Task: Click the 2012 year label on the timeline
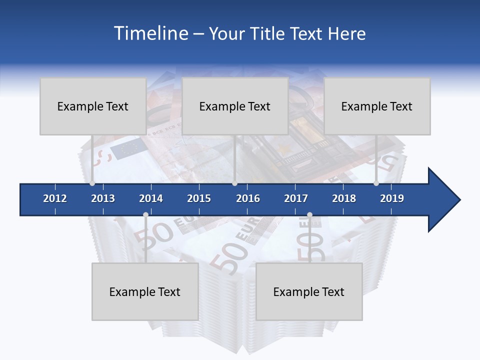(x=55, y=198)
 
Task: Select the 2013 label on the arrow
(x=103, y=198)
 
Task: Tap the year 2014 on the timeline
(x=151, y=198)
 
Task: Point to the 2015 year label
(x=199, y=198)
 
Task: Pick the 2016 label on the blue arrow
(x=248, y=198)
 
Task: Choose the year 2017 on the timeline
(x=296, y=198)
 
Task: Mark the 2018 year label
(x=344, y=198)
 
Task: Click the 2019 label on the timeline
(x=392, y=198)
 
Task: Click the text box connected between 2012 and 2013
(x=93, y=106)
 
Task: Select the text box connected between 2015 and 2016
(x=235, y=106)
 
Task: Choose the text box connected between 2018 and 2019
(x=377, y=106)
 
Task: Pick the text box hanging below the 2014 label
(x=145, y=291)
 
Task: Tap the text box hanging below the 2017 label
(x=309, y=291)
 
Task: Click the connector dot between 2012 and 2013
(x=92, y=183)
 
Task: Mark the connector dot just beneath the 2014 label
(x=145, y=215)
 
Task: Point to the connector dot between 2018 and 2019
(x=376, y=183)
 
